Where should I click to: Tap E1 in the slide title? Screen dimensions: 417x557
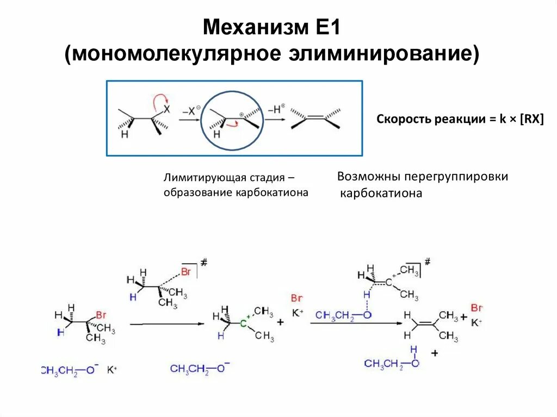(327, 27)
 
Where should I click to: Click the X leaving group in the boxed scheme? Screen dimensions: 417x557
(167, 109)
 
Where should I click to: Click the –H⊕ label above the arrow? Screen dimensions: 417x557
(277, 110)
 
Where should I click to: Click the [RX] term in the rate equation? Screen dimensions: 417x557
(532, 120)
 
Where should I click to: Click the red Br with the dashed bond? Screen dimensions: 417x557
(187, 272)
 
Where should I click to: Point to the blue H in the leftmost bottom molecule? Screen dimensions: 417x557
(60, 332)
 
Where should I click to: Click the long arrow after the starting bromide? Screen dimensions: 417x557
(166, 324)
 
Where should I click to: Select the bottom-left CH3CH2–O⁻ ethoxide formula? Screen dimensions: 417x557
(69, 370)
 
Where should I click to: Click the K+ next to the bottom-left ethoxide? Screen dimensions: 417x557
(112, 370)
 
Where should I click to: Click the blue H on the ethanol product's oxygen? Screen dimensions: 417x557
(414, 349)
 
